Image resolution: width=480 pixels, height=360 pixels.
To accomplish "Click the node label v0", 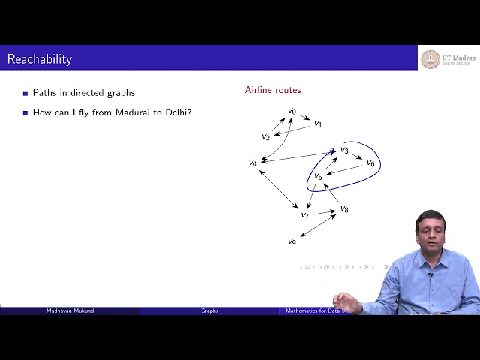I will click(292, 112).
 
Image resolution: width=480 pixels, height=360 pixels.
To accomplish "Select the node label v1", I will click(318, 124).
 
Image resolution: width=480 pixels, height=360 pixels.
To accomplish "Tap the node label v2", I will click(265, 136).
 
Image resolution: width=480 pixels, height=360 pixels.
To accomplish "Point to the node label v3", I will click(344, 150).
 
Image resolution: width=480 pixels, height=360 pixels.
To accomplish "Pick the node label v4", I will click(253, 163).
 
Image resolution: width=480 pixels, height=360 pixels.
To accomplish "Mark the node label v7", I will click(305, 215).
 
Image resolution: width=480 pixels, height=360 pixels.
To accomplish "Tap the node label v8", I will click(344, 208).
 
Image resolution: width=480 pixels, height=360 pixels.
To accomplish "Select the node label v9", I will click(292, 241).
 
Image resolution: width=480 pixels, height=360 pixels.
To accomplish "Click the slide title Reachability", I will click(40, 58).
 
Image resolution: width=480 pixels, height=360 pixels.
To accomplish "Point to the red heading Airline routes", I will click(273, 90).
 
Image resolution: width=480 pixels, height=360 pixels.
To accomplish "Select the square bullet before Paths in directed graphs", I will click(25, 94).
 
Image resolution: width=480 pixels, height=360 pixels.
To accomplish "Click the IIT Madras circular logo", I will click(430, 58).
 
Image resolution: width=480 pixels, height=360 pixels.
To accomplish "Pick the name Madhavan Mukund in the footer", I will click(69, 310).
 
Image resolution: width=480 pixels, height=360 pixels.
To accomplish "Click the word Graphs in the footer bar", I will click(209, 310).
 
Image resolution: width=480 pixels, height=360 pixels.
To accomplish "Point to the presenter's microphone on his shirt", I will click(430, 276).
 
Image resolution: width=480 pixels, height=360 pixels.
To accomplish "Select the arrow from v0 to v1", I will click(305, 117).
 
